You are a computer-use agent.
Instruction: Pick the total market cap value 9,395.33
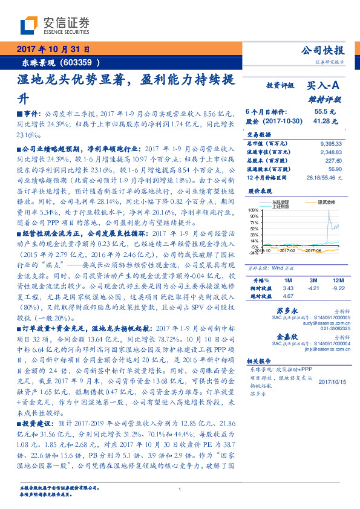point(330,143)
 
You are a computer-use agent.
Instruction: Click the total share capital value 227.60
point(333,160)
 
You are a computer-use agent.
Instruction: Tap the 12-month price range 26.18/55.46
point(324,178)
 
